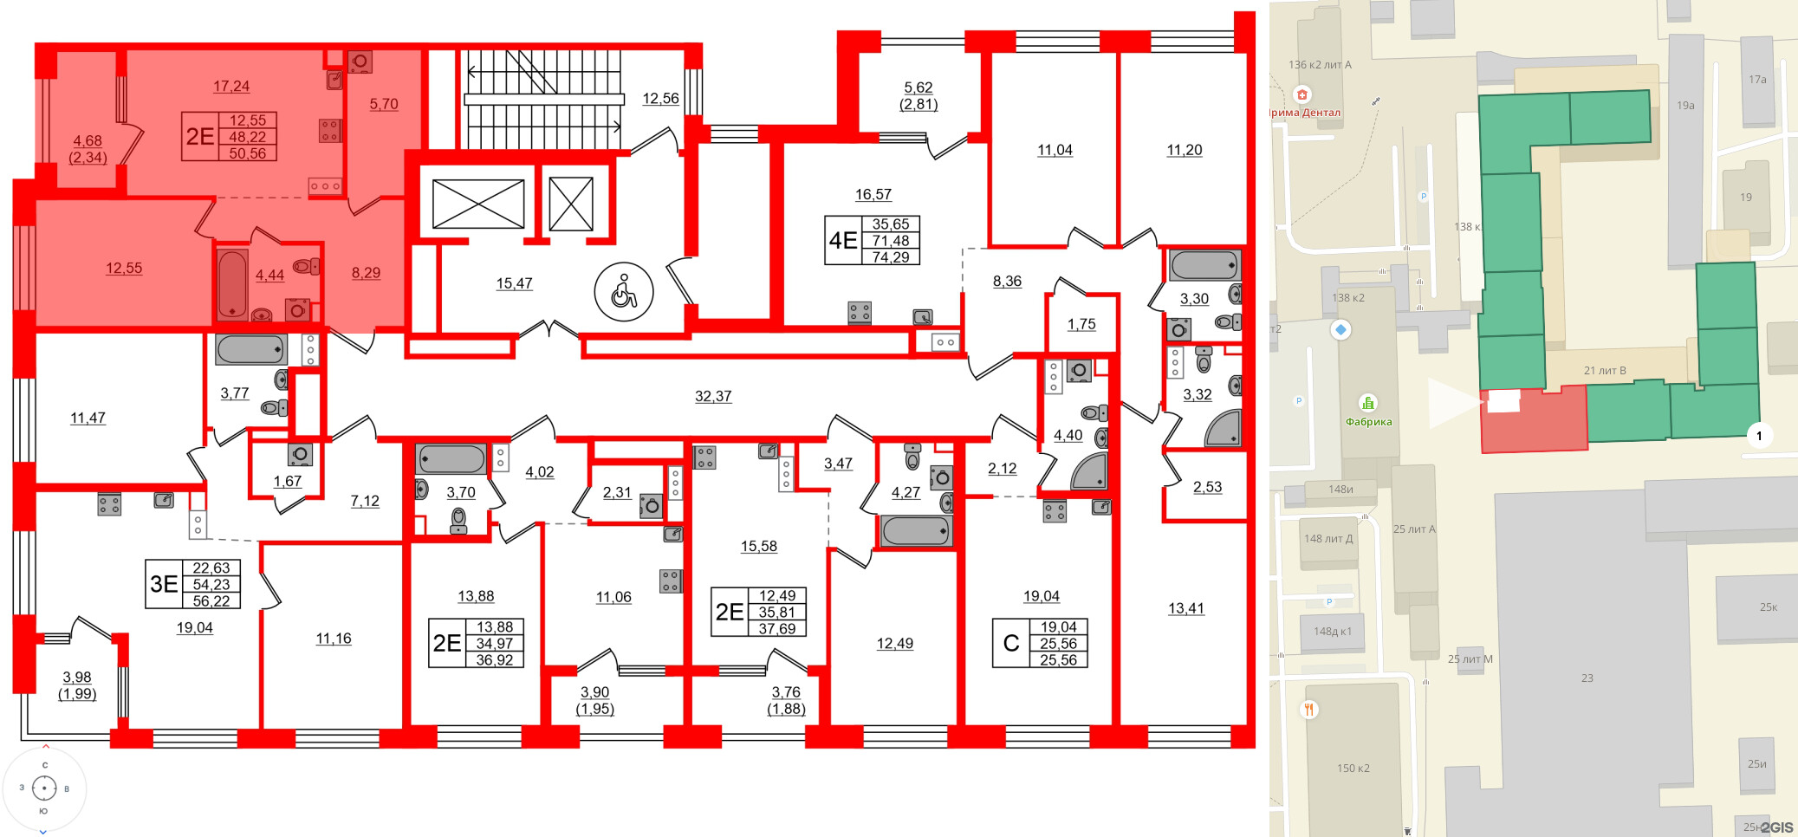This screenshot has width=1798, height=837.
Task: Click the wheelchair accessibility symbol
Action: (623, 292)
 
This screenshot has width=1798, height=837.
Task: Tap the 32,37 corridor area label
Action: (712, 396)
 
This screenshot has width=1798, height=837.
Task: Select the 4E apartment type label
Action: (842, 240)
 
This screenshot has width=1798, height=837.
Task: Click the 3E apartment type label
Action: (164, 584)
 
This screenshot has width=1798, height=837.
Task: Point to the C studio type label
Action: (1010, 643)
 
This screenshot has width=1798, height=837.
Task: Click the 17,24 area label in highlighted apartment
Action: (230, 86)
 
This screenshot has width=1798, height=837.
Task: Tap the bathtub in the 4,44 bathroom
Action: (232, 283)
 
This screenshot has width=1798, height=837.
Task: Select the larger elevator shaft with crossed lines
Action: (478, 204)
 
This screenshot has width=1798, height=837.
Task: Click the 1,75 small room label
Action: (1081, 324)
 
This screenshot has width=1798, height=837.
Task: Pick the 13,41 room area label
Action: (1185, 608)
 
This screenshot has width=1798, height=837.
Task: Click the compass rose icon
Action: (44, 788)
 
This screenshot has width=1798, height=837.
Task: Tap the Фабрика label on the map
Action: (1368, 422)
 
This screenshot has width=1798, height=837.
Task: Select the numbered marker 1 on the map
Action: (1758, 436)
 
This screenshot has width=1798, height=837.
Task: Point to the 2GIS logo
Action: (1775, 827)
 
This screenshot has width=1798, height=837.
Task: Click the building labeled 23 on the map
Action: (1587, 678)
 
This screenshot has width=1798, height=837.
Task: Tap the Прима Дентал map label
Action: (1305, 113)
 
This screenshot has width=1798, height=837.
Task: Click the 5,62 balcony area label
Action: (918, 88)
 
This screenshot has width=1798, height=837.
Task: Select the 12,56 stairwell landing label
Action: (660, 99)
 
